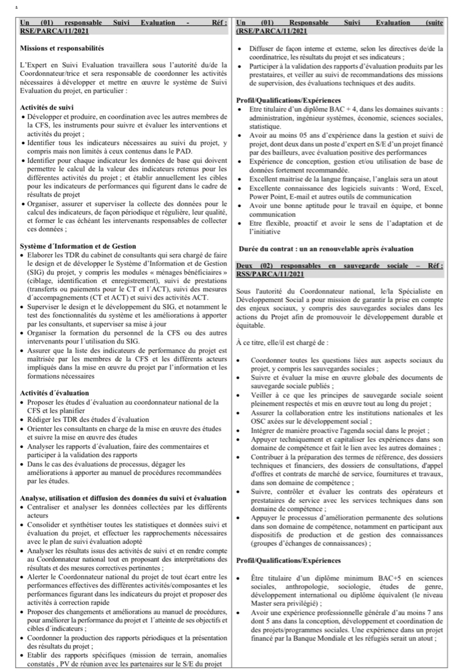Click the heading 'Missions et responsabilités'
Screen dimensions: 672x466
point(62,48)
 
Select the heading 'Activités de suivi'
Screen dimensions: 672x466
point(51,107)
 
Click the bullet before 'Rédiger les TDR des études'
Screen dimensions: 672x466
point(22,419)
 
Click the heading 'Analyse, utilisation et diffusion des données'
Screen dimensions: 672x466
point(124,498)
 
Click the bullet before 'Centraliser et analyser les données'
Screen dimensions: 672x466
point(22,507)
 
